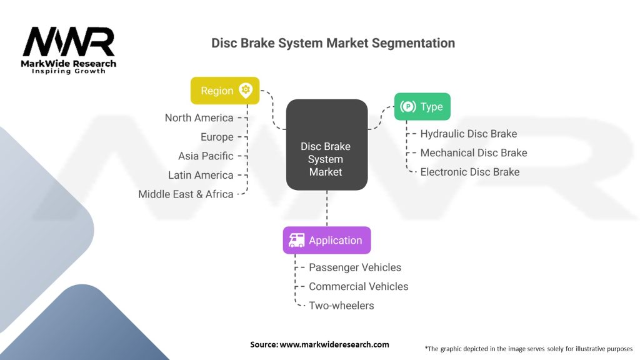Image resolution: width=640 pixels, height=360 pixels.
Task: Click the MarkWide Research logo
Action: point(69,50)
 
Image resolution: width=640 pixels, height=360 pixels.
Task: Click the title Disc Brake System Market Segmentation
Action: point(333,43)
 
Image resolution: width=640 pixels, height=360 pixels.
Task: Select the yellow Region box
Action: point(224,91)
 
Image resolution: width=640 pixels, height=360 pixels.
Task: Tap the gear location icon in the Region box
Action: point(246,90)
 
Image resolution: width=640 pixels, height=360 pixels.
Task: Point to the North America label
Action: point(199,117)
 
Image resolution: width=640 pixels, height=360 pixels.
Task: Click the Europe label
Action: point(217,137)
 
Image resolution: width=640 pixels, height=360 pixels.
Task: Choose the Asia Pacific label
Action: point(206,156)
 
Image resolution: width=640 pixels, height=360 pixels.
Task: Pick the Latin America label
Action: point(201,175)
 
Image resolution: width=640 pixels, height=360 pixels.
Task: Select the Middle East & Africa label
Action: point(186,194)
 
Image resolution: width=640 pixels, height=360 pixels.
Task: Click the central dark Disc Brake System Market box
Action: point(326,145)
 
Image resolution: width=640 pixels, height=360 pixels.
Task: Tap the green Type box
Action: point(422,107)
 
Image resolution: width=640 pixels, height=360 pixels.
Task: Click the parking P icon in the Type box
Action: point(408,107)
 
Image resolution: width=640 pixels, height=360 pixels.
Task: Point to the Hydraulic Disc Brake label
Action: point(468,133)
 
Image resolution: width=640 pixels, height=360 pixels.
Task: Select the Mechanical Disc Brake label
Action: point(473,152)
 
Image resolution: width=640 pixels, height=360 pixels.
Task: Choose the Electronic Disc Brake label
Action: point(469,172)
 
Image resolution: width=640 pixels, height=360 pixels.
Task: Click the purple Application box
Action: point(326,240)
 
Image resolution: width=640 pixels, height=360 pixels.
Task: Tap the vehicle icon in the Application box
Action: point(296,240)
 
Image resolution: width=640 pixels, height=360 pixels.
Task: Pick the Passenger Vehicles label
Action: point(355,267)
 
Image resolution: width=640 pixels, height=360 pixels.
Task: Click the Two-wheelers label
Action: point(341,306)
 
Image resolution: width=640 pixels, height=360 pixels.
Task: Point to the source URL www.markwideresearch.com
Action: point(334,344)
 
